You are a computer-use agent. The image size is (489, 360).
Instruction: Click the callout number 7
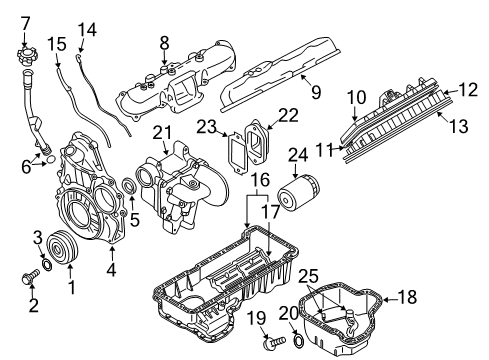point(26,22)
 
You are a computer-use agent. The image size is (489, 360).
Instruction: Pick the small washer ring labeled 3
point(45,266)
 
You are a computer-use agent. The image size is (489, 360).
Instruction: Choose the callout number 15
point(55,44)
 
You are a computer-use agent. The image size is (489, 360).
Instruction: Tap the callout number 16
point(258,180)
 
